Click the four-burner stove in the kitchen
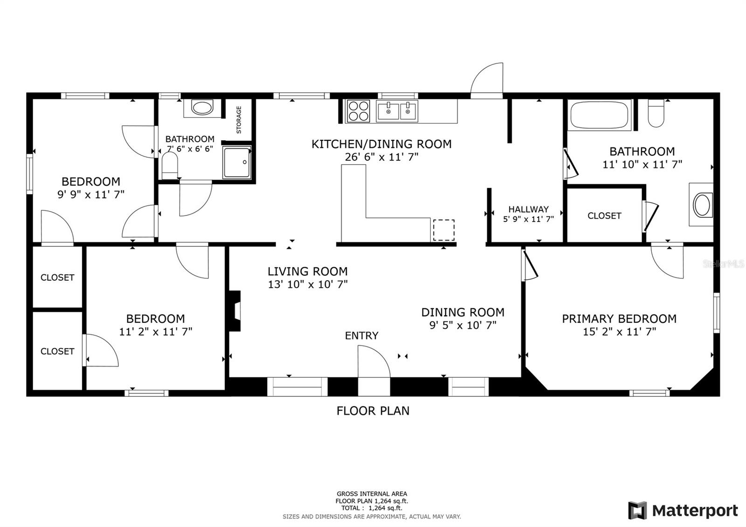(x=358, y=111)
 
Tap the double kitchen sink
(x=397, y=111)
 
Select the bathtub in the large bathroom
(x=599, y=115)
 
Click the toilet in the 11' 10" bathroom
(x=656, y=113)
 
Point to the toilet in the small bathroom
(x=170, y=166)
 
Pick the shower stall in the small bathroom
(x=237, y=162)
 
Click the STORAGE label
(x=239, y=120)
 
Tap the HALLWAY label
(x=528, y=209)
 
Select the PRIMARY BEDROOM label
(x=619, y=319)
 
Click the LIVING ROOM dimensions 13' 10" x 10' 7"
(x=308, y=284)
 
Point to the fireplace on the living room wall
(x=235, y=311)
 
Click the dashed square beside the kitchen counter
(x=443, y=230)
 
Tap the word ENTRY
(x=362, y=335)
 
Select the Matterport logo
(x=684, y=510)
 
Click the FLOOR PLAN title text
(x=373, y=411)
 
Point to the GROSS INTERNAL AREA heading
(x=372, y=494)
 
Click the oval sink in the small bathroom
(x=202, y=108)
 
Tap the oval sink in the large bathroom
(x=702, y=205)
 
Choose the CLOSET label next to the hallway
(x=604, y=216)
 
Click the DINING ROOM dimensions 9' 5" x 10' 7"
(x=463, y=325)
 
